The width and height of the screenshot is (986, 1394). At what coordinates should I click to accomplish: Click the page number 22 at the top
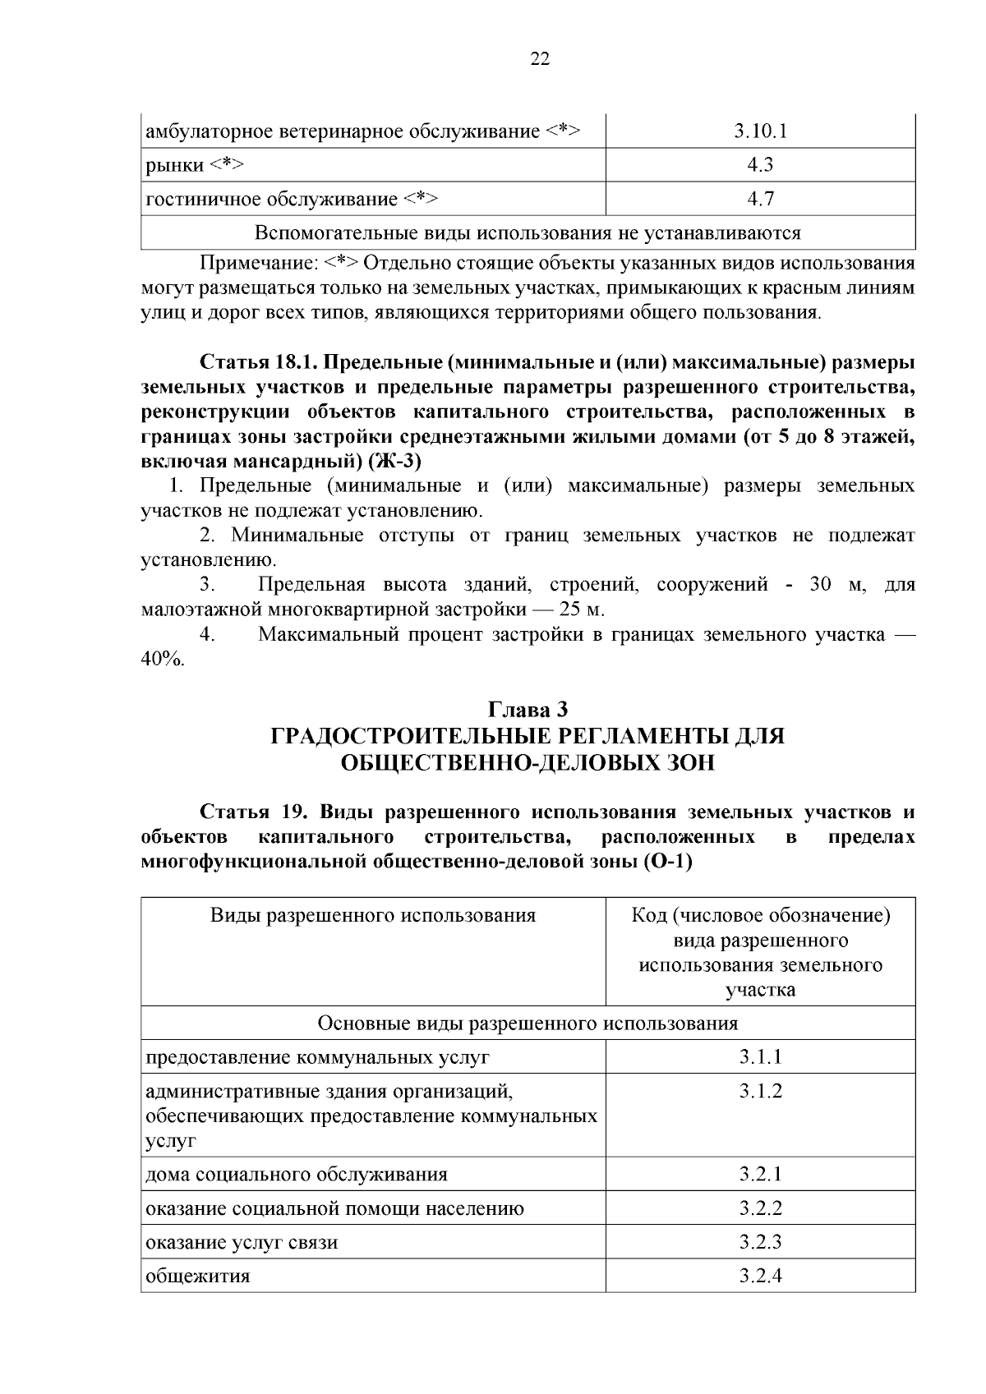coord(540,58)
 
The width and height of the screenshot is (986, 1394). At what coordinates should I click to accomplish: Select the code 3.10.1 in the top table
coord(760,131)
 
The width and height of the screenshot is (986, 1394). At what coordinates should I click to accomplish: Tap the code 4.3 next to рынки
coord(760,165)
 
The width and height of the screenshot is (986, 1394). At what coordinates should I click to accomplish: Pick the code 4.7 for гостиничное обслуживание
coord(760,199)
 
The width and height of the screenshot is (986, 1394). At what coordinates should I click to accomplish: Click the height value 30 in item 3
coord(822,585)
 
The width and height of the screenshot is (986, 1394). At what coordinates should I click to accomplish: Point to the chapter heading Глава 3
coord(528,709)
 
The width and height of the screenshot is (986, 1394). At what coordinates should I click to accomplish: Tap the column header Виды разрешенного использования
coord(373,915)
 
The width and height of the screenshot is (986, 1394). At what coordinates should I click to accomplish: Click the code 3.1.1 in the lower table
coord(760,1056)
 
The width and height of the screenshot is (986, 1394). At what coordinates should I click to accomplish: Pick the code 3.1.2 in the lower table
coord(760,1091)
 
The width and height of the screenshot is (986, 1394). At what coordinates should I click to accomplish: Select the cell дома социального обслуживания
coord(297,1174)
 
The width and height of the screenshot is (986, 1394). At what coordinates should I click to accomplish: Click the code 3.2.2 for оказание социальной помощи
coord(760,1208)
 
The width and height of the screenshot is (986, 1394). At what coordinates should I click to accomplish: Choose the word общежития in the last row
coord(198,1277)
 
